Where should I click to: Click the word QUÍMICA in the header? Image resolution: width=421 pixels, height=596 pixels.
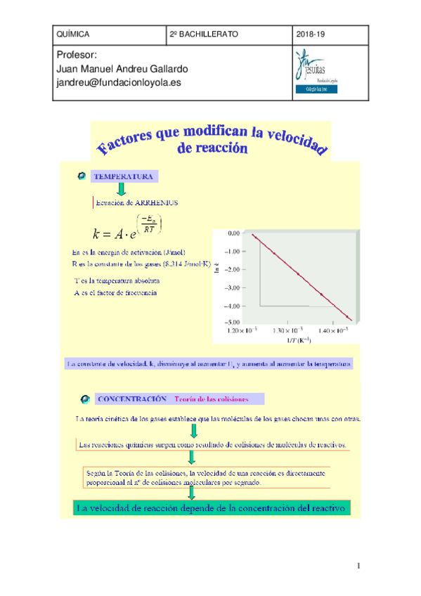(72, 34)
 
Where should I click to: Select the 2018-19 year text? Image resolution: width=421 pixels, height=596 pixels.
(311, 34)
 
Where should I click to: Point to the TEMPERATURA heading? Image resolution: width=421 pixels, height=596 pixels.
(124, 176)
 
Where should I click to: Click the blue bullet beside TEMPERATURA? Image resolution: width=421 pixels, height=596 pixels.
(82, 176)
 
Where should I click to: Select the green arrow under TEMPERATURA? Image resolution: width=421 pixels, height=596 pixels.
(121, 189)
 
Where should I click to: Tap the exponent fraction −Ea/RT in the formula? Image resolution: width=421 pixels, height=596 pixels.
(149, 224)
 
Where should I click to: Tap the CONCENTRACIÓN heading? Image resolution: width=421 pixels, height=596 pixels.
(131, 399)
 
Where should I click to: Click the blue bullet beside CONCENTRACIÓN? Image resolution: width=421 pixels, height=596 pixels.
(85, 399)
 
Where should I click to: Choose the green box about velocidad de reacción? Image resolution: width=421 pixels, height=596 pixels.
(210, 508)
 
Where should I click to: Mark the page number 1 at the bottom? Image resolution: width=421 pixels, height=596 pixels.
(358, 566)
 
